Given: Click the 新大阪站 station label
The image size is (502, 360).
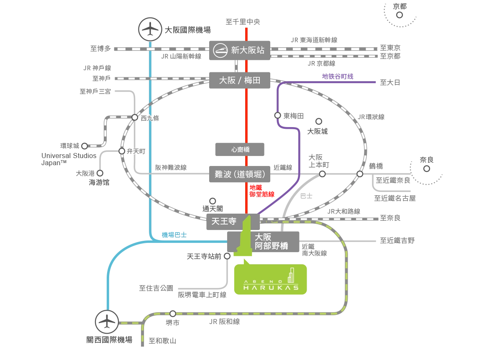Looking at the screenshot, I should pyautogui.click(x=248, y=50).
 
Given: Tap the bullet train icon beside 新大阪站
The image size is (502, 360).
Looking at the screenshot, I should pyautogui.click(x=220, y=50).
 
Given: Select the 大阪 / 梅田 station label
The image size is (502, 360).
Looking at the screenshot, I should pyautogui.click(x=240, y=80).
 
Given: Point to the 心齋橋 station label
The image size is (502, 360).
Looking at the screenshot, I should pyautogui.click(x=239, y=149).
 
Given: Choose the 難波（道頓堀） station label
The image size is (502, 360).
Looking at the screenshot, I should pyautogui.click(x=240, y=175).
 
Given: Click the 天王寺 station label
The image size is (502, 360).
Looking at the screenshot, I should pyautogui.click(x=221, y=222).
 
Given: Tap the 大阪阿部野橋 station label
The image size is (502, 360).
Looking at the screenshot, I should pyautogui.click(x=272, y=242).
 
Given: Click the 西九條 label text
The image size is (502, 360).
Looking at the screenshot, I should pyautogui.click(x=150, y=118).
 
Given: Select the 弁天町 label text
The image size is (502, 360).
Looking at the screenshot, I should pyautogui.click(x=136, y=151).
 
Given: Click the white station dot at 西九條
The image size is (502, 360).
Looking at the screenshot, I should pyautogui.click(x=135, y=117).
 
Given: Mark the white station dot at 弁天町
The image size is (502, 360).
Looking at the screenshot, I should pyautogui.click(x=122, y=151).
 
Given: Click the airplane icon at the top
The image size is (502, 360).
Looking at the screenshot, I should pyautogui.click(x=150, y=29).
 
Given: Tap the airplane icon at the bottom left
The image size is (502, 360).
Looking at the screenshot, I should pyautogui.click(x=107, y=322).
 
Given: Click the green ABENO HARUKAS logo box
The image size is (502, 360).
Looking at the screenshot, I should pyautogui.click(x=271, y=280).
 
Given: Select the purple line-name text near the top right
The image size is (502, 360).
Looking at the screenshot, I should pyautogui.click(x=338, y=77).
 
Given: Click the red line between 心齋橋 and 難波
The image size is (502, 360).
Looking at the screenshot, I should pyautogui.click(x=246, y=161).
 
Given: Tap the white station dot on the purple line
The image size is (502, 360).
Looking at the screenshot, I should pyautogui.click(x=277, y=115).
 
